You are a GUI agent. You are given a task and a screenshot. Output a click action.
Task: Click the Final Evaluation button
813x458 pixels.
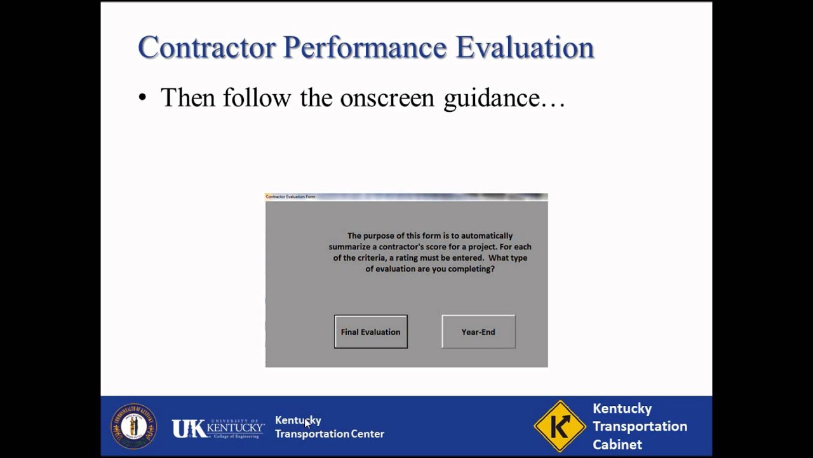[370, 331]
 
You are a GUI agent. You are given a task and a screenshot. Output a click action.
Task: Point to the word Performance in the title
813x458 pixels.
[365, 48]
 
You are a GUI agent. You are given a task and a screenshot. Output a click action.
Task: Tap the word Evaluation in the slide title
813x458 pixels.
[525, 48]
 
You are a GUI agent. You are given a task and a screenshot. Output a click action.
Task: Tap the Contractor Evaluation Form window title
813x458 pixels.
[290, 197]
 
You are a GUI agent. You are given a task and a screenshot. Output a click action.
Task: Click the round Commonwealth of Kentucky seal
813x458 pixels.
[133, 426]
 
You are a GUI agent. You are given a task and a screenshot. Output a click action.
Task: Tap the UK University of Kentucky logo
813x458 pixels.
[218, 427]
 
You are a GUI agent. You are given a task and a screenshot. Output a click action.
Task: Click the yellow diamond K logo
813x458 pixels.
[559, 426]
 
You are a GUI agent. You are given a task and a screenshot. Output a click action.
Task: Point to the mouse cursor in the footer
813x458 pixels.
[307, 423]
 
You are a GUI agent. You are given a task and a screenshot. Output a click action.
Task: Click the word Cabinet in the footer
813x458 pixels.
[617, 444]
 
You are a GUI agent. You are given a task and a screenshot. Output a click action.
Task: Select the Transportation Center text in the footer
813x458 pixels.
[329, 434]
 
